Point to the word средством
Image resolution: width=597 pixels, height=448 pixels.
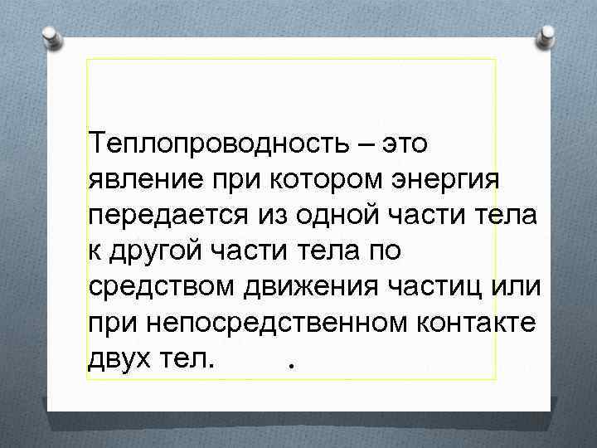point(157,285)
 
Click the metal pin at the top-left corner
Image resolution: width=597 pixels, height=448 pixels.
point(50,37)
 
